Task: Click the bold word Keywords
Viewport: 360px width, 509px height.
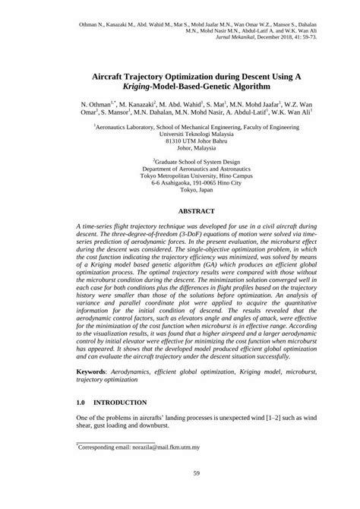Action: pyautogui.click(x=96, y=372)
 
